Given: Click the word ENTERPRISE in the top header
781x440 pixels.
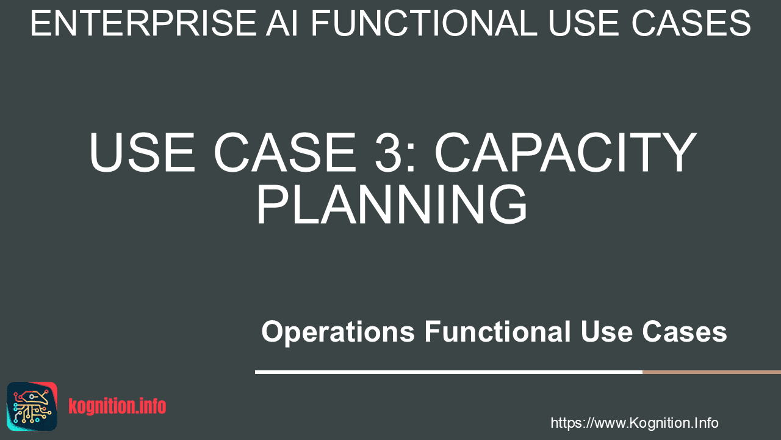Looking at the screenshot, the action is (x=143, y=23).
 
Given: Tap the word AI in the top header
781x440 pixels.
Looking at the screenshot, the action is (x=282, y=23).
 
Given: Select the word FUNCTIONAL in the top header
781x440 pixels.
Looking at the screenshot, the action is (x=424, y=23).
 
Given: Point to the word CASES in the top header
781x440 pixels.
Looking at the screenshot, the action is (x=691, y=23).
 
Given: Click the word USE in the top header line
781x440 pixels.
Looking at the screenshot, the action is (x=585, y=23).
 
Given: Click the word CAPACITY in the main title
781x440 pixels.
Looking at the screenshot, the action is (x=565, y=152).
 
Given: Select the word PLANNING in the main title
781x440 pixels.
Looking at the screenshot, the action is (x=392, y=204).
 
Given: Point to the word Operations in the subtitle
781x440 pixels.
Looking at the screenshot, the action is (x=338, y=332).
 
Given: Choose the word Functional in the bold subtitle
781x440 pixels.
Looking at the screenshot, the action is (x=497, y=331).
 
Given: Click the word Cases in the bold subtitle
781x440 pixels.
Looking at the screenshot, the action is (x=685, y=331).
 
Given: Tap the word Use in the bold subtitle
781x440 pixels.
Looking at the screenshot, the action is (x=606, y=331).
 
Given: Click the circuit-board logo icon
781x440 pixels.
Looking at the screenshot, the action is (x=32, y=406).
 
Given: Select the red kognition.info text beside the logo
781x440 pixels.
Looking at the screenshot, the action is (x=117, y=406).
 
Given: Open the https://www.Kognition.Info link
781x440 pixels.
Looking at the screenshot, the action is (x=634, y=423).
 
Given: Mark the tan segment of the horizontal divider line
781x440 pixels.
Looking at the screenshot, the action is (x=711, y=372).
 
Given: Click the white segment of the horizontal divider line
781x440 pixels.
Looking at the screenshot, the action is (x=448, y=372).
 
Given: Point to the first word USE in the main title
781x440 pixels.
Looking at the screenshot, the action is (x=142, y=152).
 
